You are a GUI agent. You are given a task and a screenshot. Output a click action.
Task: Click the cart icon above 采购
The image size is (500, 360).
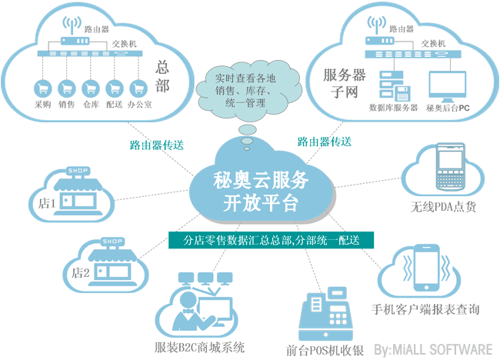click(42, 88)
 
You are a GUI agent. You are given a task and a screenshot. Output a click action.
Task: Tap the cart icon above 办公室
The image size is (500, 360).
click(138, 88)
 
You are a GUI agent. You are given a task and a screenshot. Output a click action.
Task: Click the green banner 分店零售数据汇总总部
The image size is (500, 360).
click(271, 240)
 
